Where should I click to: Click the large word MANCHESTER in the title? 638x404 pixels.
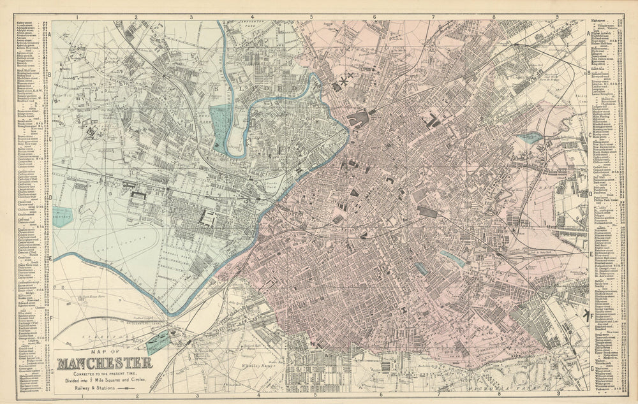(105, 364)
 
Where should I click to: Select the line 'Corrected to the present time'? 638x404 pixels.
(105, 372)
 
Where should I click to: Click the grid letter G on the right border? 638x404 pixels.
(591, 368)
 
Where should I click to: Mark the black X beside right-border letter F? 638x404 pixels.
(585, 315)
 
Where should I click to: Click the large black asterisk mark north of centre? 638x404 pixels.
(345, 82)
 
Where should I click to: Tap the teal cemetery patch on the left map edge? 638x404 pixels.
(63, 217)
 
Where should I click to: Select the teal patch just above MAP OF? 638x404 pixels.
(158, 343)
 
